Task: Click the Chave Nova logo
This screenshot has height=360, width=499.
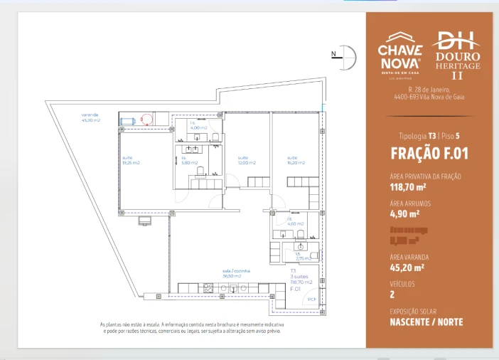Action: pos(399,53)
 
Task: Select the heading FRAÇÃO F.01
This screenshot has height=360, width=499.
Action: pos(429,153)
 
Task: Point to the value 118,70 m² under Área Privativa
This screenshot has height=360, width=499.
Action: pos(408,187)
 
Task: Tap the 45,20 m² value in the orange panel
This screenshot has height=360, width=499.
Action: pos(407,268)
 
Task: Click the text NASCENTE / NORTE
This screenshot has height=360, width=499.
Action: pos(426,322)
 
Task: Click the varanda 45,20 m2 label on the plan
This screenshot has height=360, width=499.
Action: pos(90,117)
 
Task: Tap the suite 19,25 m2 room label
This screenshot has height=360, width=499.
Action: pos(131,160)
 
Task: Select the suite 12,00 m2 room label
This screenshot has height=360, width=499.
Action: pos(246,160)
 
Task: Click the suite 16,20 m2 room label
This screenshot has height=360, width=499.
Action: pos(296,160)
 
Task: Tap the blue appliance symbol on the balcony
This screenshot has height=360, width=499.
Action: pos(128,120)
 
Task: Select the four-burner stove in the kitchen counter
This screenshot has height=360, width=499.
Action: pos(209,288)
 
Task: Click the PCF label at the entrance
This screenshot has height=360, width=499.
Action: pos(311,300)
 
